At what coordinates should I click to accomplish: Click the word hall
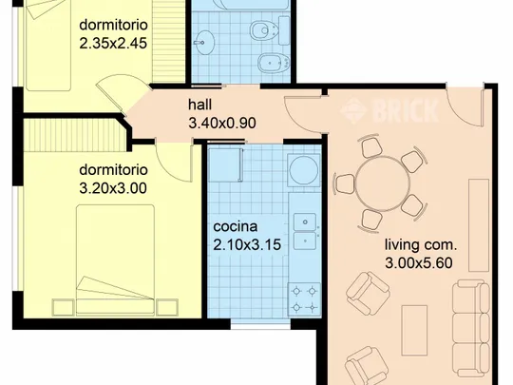pyautogui.click(x=199, y=105)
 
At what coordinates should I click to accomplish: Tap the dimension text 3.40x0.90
pyautogui.click(x=222, y=124)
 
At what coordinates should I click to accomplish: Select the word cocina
pyautogui.click(x=236, y=226)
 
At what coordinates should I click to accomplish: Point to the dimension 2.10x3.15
pyautogui.click(x=247, y=245)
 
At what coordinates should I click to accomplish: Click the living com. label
pyautogui.click(x=421, y=245)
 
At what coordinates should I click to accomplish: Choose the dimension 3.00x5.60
pyautogui.click(x=419, y=263)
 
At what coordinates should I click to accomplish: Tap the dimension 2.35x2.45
pyautogui.click(x=113, y=43)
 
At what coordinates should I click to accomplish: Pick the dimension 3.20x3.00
pyautogui.click(x=113, y=188)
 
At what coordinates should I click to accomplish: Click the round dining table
pyautogui.click(x=383, y=183)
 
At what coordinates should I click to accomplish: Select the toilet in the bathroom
pyautogui.click(x=270, y=30)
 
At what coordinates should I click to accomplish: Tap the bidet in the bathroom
pyautogui.click(x=274, y=62)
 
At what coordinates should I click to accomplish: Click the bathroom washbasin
pyautogui.click(x=204, y=42)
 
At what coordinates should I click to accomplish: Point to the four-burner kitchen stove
pyautogui.click(x=304, y=299)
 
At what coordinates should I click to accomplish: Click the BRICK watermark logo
pyautogui.click(x=389, y=110)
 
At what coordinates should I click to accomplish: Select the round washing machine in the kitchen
pyautogui.click(x=304, y=170)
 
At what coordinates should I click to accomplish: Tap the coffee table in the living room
pyautogui.click(x=414, y=330)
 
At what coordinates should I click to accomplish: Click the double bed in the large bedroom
pyautogui.click(x=115, y=260)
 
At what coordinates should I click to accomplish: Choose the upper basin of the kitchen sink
pyautogui.click(x=305, y=221)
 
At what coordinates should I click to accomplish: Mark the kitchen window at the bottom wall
pyautogui.click(x=260, y=324)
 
